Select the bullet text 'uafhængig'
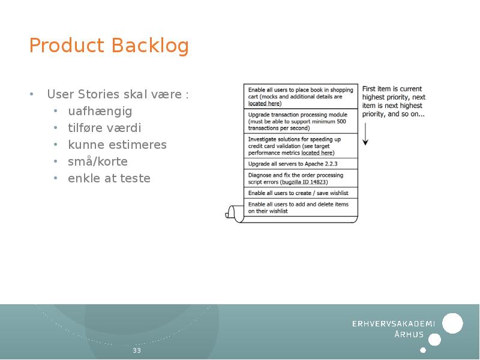100,111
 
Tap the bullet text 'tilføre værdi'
104,128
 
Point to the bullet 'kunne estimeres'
117,145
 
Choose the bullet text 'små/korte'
98,161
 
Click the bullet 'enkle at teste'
109,178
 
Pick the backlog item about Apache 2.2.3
292,163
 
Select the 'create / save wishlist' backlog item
298,193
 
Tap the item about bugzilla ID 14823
295,178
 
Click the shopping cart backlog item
300,96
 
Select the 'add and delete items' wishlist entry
298,208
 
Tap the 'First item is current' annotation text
392,89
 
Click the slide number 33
137,350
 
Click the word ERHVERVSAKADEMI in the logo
393,323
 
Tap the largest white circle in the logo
453,323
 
